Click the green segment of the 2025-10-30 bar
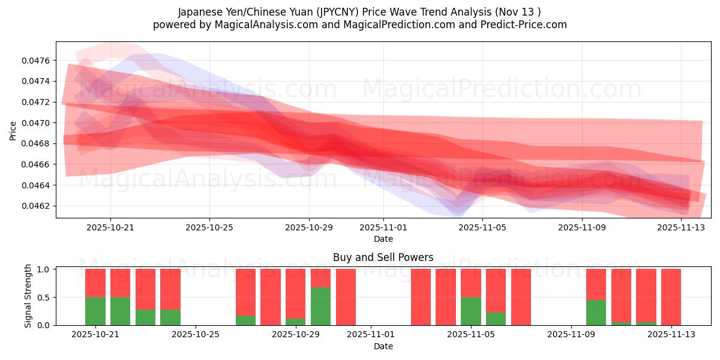click(x=320, y=306)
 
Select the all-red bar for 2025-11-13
click(x=671, y=297)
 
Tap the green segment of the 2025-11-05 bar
click(x=470, y=311)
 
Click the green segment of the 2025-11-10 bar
click(x=596, y=312)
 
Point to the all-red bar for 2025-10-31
click(x=346, y=297)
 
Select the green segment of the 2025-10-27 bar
click(x=245, y=320)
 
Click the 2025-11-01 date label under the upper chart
click(x=383, y=227)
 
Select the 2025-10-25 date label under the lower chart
click(x=195, y=335)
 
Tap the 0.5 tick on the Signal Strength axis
click(x=45, y=297)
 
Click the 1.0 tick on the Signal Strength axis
click(x=45, y=269)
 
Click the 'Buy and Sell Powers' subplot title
click(x=383, y=257)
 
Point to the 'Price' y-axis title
click(x=13, y=130)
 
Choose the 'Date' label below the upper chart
click(x=383, y=239)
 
